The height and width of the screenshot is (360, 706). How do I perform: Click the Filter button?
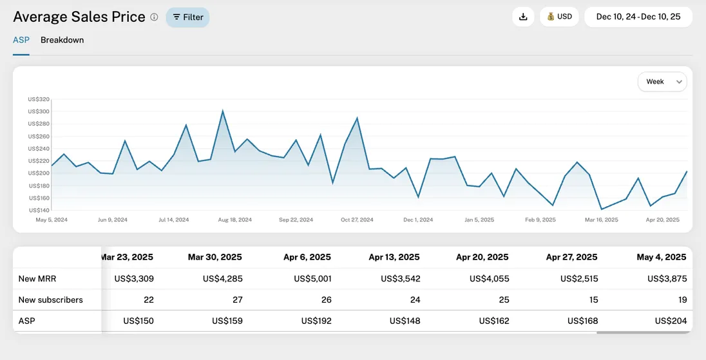click(x=187, y=17)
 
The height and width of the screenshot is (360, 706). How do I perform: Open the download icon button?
click(x=523, y=17)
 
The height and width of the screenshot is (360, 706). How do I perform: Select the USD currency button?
click(x=559, y=17)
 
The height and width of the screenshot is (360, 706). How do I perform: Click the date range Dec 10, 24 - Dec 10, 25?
click(x=638, y=17)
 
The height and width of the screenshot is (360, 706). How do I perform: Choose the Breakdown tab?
click(x=62, y=40)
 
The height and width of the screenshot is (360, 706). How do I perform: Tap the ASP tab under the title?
click(x=21, y=40)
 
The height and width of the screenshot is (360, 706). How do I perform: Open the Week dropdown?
click(x=662, y=82)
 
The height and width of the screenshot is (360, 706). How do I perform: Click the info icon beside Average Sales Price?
click(x=154, y=17)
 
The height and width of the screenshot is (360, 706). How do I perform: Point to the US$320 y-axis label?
click(x=39, y=99)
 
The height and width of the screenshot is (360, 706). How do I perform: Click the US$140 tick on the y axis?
click(x=39, y=210)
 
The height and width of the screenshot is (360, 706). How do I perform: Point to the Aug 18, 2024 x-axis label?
click(x=234, y=220)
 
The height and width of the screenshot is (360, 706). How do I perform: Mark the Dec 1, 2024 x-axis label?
click(x=418, y=220)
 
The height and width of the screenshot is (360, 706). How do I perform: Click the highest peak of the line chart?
click(x=223, y=111)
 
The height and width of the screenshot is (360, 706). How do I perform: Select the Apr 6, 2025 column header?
click(x=307, y=257)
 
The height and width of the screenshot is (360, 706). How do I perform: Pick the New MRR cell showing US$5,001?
click(x=312, y=279)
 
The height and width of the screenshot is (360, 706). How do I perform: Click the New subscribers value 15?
click(x=593, y=299)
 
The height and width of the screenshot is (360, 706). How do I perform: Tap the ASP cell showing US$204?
click(x=671, y=321)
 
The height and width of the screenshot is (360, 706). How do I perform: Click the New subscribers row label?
click(x=51, y=299)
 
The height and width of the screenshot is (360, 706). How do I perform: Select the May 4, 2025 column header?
click(x=662, y=257)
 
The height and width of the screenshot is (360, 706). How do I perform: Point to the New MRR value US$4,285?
click(x=223, y=279)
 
